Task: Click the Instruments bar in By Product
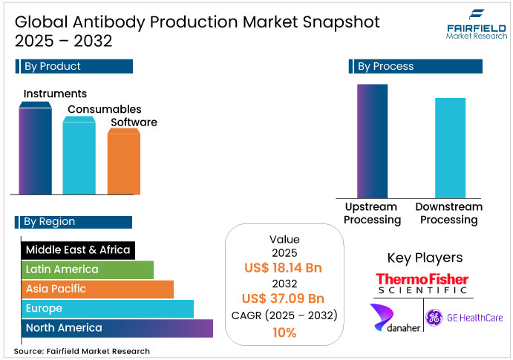[x=35, y=148]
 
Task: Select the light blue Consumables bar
[x=79, y=156]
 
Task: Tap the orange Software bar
[x=123, y=162]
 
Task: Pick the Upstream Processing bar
[x=372, y=141]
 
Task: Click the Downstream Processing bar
[x=450, y=147]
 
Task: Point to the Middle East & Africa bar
[x=78, y=250]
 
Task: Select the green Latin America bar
[x=88, y=269]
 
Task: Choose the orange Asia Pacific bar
[x=97, y=289]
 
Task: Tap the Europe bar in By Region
[x=108, y=308]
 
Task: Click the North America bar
[x=117, y=327]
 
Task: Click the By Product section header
[x=74, y=66]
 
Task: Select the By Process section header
[x=415, y=67]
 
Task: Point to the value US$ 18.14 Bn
[x=284, y=268]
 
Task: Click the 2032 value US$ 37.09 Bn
[x=284, y=299]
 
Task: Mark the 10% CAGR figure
[x=284, y=333]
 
